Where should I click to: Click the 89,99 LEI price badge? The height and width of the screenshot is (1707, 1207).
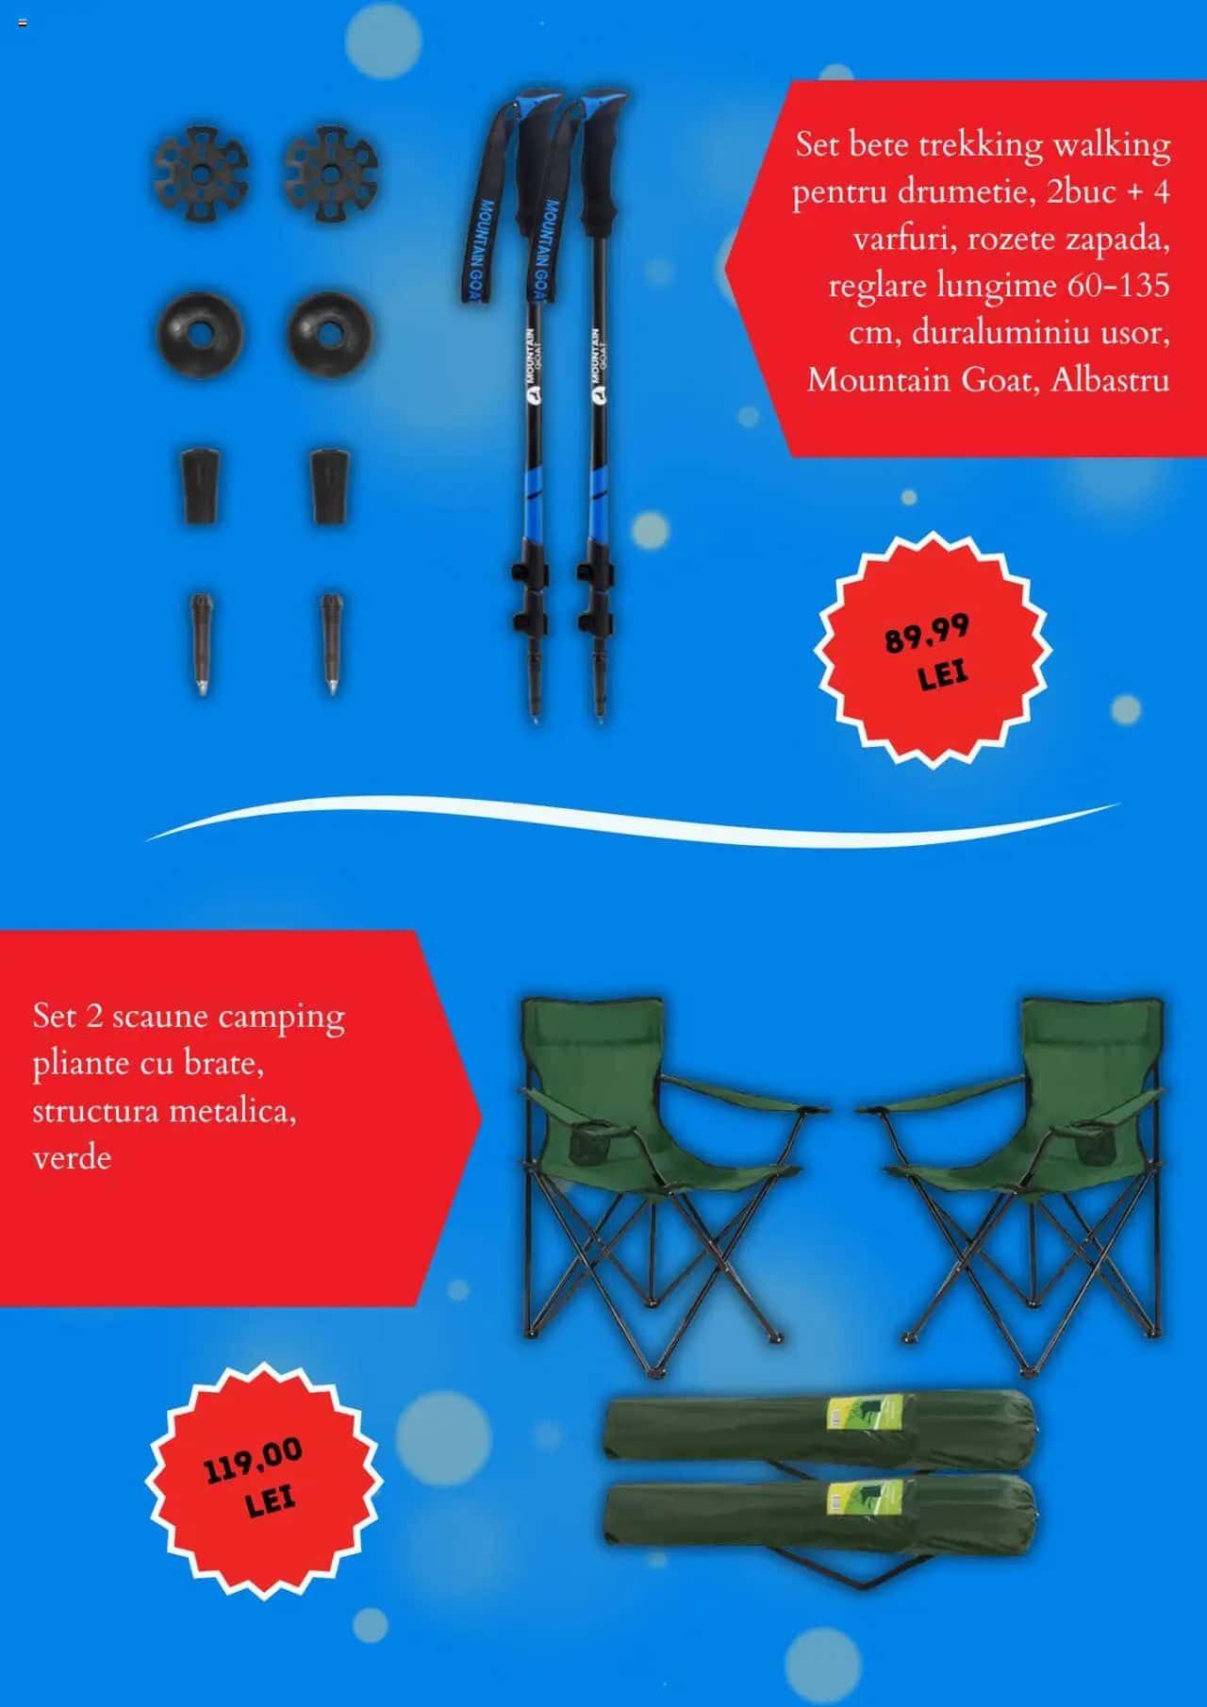[931, 650]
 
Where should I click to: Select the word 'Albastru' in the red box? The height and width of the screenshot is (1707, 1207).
[1110, 380]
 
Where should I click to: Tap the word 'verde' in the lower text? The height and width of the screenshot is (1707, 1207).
[72, 1158]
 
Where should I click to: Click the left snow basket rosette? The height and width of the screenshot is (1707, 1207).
[201, 172]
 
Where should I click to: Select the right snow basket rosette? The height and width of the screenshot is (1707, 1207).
[330, 172]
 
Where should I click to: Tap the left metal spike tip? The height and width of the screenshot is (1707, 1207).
[201, 645]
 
